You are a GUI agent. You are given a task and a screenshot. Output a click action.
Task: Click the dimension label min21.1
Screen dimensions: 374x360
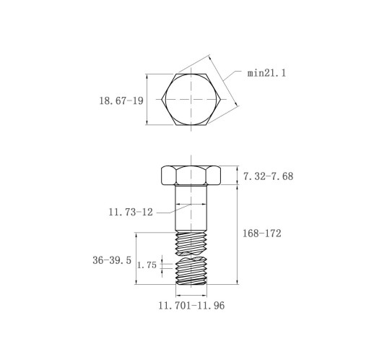(x=266, y=73)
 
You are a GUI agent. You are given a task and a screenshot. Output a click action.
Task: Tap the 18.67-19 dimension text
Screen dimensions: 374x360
(x=121, y=100)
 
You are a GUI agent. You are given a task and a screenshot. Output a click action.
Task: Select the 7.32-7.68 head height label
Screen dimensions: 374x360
(x=269, y=176)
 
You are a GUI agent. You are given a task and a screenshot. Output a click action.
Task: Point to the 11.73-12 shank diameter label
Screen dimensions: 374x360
(x=131, y=212)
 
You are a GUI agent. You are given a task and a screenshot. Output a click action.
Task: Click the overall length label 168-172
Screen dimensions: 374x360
(x=261, y=233)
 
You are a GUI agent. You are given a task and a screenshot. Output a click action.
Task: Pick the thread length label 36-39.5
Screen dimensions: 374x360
(x=112, y=260)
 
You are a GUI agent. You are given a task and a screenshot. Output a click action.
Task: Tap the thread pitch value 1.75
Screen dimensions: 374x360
(x=147, y=265)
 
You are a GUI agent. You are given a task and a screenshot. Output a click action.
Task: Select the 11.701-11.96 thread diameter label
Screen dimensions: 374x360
(x=191, y=306)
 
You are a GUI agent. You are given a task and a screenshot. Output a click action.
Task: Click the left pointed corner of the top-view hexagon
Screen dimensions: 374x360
(x=162, y=99)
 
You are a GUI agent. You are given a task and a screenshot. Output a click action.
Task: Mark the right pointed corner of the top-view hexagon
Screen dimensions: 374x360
(x=220, y=99)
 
